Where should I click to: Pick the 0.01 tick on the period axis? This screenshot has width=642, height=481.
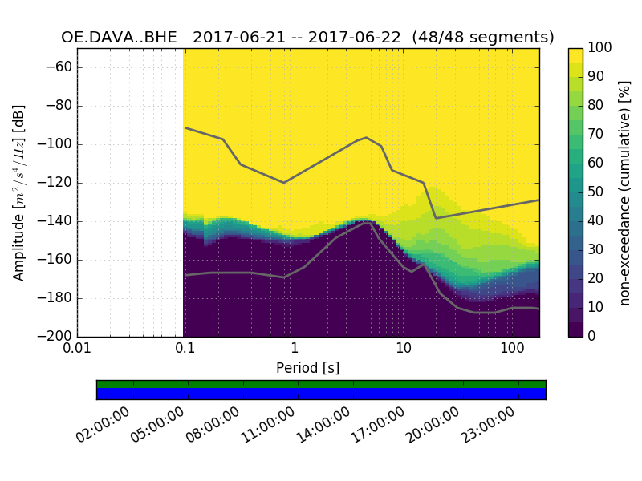point(77,349)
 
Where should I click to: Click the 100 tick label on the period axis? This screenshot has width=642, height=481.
point(512,349)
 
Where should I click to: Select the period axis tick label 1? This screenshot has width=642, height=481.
point(295,349)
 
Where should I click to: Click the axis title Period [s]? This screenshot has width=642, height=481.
point(308,367)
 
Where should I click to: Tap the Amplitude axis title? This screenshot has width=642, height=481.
point(19,192)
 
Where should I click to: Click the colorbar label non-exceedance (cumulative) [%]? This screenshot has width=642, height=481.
point(626,192)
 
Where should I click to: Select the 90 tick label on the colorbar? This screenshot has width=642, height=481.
point(595,77)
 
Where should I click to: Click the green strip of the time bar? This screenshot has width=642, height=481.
point(321,384)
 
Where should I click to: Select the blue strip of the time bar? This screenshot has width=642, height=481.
point(321,394)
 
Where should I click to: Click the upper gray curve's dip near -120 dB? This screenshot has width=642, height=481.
point(283,182)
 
